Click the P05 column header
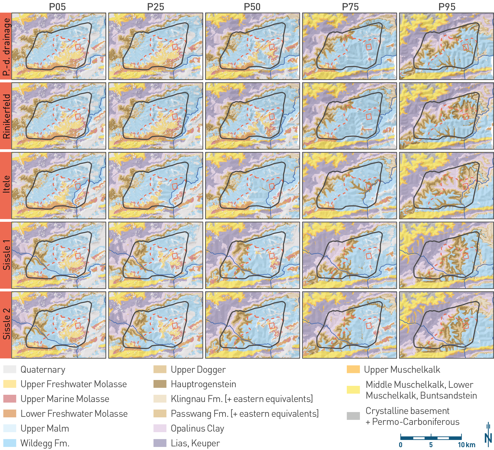pyautogui.click(x=57, y=7)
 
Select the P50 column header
pyautogui.click(x=252, y=7)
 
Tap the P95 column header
pyautogui.click(x=447, y=7)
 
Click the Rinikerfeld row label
pyautogui.click(x=6, y=116)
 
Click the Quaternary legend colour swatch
pyautogui.click(x=10, y=369)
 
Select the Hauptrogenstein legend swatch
pyautogui.click(x=160, y=384)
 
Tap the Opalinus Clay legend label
pyautogui.click(x=197, y=428)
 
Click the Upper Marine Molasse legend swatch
pyautogui.click(x=10, y=399)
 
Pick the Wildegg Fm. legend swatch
pyautogui.click(x=10, y=443)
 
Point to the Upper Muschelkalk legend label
pyautogui.click(x=402, y=369)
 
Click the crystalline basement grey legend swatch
pyautogui.click(x=353, y=416)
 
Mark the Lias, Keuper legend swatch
pyautogui.click(x=160, y=443)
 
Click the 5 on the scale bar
pyautogui.click(x=431, y=445)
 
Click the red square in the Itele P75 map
pyautogui.click(x=369, y=186)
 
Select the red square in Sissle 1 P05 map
pyautogui.click(x=78, y=256)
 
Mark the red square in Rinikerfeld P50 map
pyautogui.click(x=272, y=117)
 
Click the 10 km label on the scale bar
pyautogui.click(x=466, y=445)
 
